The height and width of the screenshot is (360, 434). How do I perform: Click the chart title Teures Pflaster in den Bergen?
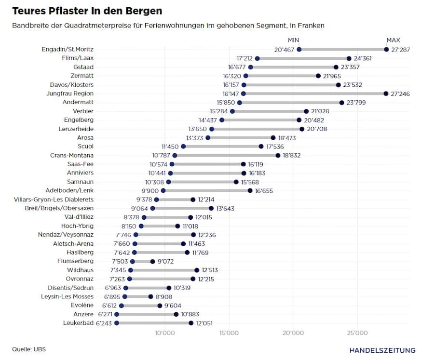pyautogui.click(x=87, y=11)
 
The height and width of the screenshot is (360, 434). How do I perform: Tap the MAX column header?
pyautogui.click(x=393, y=40)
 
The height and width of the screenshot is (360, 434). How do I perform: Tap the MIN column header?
pyautogui.click(x=294, y=40)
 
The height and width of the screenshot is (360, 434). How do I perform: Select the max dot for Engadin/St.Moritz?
pyautogui.click(x=386, y=49)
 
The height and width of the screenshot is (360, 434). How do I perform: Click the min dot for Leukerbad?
pyautogui.click(x=117, y=323)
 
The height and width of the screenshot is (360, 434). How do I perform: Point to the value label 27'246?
pyautogui.click(x=400, y=93)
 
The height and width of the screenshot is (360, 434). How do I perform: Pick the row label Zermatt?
pyautogui.click(x=81, y=76)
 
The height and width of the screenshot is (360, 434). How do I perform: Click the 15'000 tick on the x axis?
pyautogui.click(x=229, y=333)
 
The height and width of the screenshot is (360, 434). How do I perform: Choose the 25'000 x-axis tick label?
pyautogui.click(x=357, y=333)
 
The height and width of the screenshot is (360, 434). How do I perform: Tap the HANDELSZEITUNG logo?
pyautogui.click(x=382, y=350)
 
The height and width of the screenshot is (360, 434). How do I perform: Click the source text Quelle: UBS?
pyautogui.click(x=29, y=349)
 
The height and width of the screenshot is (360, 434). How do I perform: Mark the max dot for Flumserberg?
pyautogui.click(x=153, y=261)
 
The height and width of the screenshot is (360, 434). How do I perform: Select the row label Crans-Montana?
pyautogui.click(x=72, y=155)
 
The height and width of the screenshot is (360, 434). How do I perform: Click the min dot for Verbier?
pyautogui.click(x=232, y=111)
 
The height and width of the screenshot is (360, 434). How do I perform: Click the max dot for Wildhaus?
pyautogui.click(x=197, y=270)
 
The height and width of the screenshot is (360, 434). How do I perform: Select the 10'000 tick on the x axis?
pyautogui.click(x=164, y=333)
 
